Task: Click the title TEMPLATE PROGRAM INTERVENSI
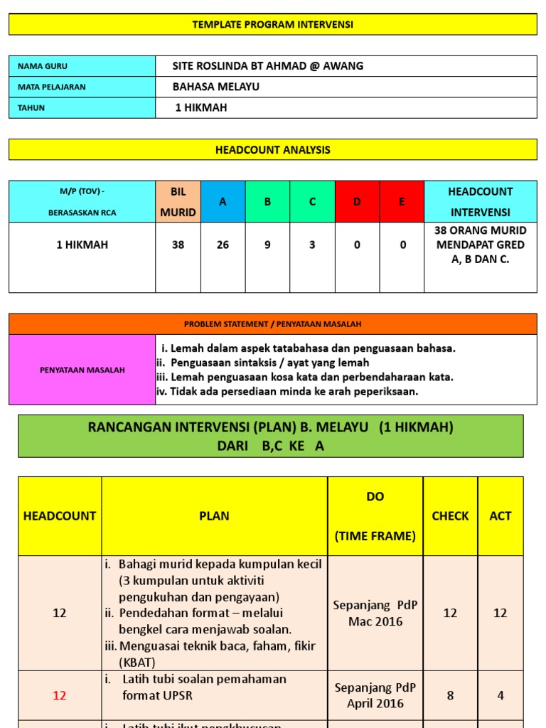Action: (272, 24)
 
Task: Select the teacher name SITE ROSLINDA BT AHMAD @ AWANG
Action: (268, 66)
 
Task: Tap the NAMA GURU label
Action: (43, 66)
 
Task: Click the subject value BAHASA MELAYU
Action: (216, 87)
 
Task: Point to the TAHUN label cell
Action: (82, 108)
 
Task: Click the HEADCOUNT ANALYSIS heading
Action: (272, 150)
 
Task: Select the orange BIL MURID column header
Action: (178, 202)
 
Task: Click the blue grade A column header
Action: (223, 202)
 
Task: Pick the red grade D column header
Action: (357, 202)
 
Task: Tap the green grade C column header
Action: (312, 202)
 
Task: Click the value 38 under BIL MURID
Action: (178, 245)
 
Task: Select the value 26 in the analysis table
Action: (223, 245)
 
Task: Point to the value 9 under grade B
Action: (267, 245)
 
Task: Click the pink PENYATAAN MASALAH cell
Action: (82, 370)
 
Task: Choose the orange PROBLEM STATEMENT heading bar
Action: (272, 324)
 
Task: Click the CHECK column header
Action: (450, 516)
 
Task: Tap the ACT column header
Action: (500, 516)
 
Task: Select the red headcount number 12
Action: (60, 696)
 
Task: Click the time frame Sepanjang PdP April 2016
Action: (375, 695)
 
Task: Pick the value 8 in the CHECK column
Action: (450, 696)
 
